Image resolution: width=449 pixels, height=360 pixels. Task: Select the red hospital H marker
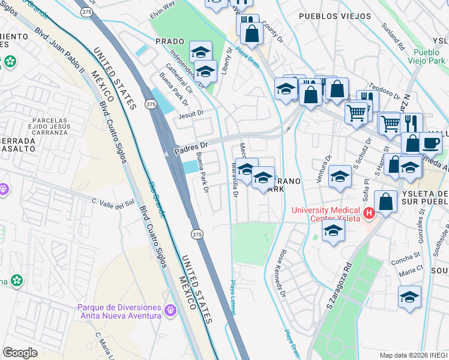pyautogui.click(x=369, y=212)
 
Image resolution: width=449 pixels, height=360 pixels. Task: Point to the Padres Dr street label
pyautogui.click(x=190, y=145)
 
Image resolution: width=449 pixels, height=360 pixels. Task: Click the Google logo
pyautogui.click(x=20, y=353)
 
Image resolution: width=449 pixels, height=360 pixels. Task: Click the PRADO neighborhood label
pyautogui.click(x=169, y=41)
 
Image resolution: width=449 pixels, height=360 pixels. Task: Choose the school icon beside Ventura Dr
pyautogui.click(x=340, y=176)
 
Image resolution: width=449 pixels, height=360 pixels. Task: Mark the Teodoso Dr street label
pyautogui.click(x=385, y=91)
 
